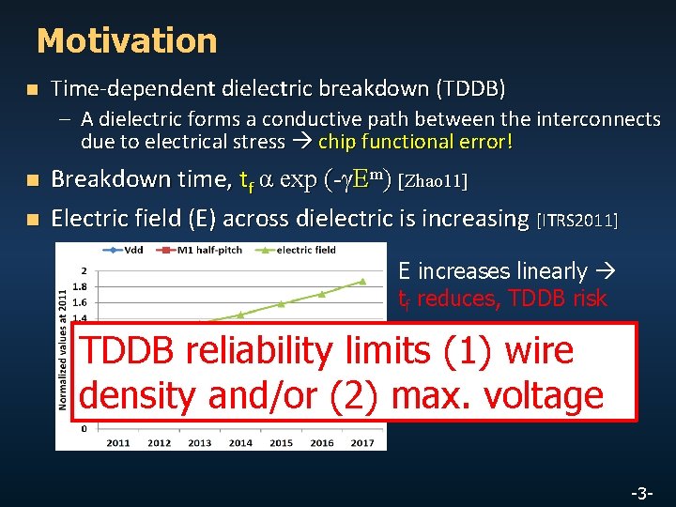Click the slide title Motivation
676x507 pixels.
pos(127,41)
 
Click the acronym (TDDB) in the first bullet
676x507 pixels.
pos(470,89)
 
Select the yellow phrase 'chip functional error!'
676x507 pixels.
pos(416,142)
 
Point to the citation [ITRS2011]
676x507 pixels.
pos(577,220)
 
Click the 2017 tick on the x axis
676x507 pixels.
pos(361,442)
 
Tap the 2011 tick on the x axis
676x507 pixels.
pos(118,442)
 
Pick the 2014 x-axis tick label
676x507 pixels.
pos(240,442)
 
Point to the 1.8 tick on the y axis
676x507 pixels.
pos(82,286)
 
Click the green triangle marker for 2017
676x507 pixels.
pos(361,281)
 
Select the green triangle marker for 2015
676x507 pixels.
pos(281,304)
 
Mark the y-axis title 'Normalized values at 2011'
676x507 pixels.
pos(63,347)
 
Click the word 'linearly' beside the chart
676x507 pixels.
pos(552,271)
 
